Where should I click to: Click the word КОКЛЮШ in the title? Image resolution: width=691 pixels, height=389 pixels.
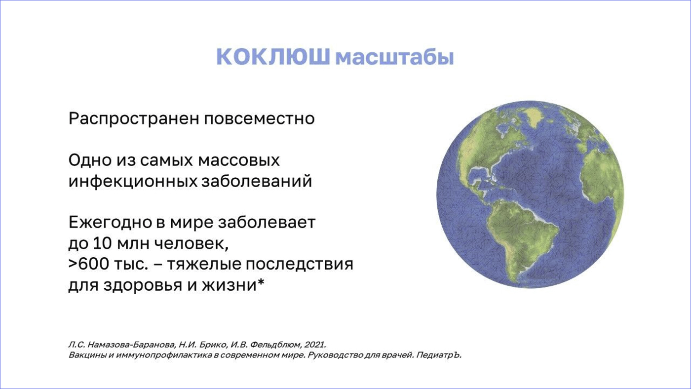tap(273, 57)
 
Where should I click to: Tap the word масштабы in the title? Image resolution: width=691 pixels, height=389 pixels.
tap(395, 58)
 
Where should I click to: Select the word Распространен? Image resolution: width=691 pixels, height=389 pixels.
tap(134, 119)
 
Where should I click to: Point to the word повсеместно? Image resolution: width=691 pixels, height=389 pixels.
tap(259, 119)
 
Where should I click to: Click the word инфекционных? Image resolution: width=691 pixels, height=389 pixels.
tap(133, 182)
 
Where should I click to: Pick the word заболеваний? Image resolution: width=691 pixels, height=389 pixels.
tap(257, 181)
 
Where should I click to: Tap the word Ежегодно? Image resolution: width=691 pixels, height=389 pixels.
tap(110, 223)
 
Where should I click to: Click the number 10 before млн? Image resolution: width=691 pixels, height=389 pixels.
tap(102, 243)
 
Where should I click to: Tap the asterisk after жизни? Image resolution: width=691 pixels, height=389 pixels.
tap(261, 281)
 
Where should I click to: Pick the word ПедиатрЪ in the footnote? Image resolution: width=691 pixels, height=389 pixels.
tap(439, 355)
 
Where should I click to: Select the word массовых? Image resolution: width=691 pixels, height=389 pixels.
tap(239, 161)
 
